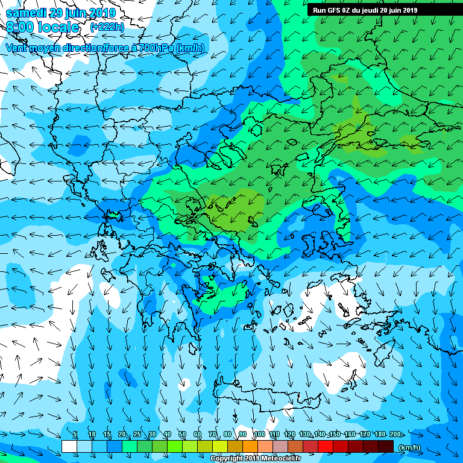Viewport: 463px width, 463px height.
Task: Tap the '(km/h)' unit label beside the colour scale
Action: point(409,447)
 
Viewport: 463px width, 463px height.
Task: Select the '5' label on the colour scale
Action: point(75,435)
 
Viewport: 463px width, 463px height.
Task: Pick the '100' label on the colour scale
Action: point(259,435)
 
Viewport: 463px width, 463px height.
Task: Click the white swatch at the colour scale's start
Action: point(69,446)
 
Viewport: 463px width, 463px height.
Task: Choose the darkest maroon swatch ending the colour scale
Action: point(386,446)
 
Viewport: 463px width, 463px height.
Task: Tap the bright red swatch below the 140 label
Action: point(326,446)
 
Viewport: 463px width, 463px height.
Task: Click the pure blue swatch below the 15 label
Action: point(115,446)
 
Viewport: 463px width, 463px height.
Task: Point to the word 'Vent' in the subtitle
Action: point(17,48)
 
